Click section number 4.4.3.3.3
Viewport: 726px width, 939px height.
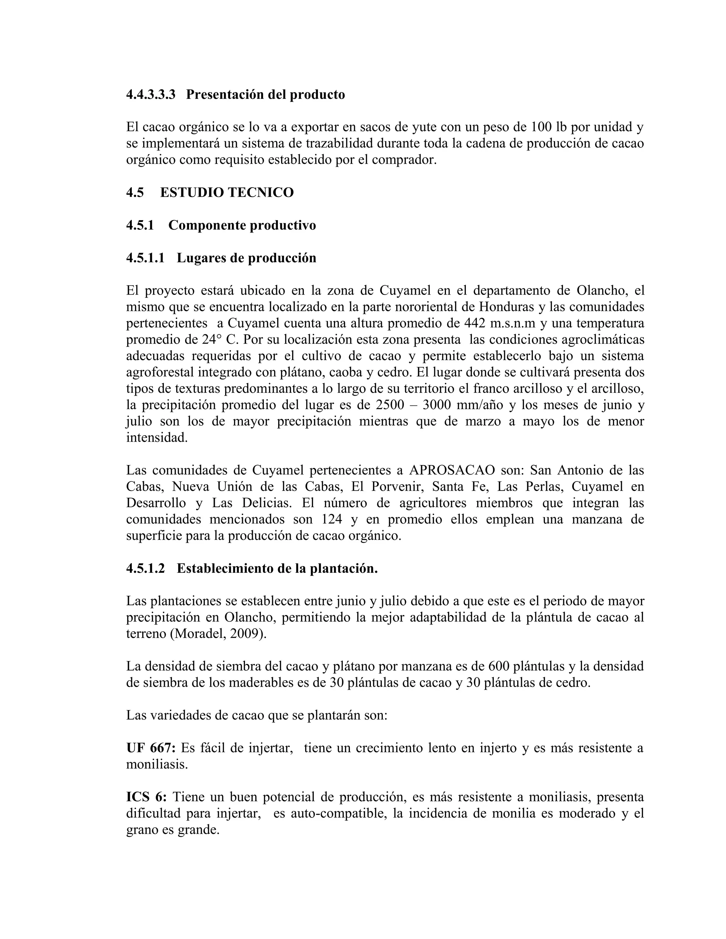(x=151, y=94)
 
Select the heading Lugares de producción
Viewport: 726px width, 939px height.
(x=246, y=258)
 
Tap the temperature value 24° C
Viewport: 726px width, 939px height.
(x=220, y=339)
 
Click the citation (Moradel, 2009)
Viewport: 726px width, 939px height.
(x=218, y=633)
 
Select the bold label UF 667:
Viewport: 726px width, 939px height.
(x=151, y=748)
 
